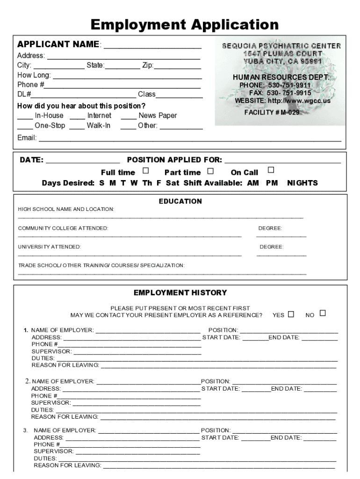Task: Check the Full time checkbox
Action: point(146,171)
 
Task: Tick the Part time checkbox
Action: point(210,171)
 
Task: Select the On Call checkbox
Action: point(270,170)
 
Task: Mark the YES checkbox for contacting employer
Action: point(291,314)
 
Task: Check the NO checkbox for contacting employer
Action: point(323,313)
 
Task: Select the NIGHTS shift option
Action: point(302,183)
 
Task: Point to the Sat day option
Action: point(173,183)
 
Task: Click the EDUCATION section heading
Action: point(180,201)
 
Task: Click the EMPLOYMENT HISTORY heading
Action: point(180,293)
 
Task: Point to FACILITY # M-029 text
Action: point(272,113)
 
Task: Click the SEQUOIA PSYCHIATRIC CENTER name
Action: point(281,46)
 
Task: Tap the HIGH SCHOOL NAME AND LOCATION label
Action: point(65,209)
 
